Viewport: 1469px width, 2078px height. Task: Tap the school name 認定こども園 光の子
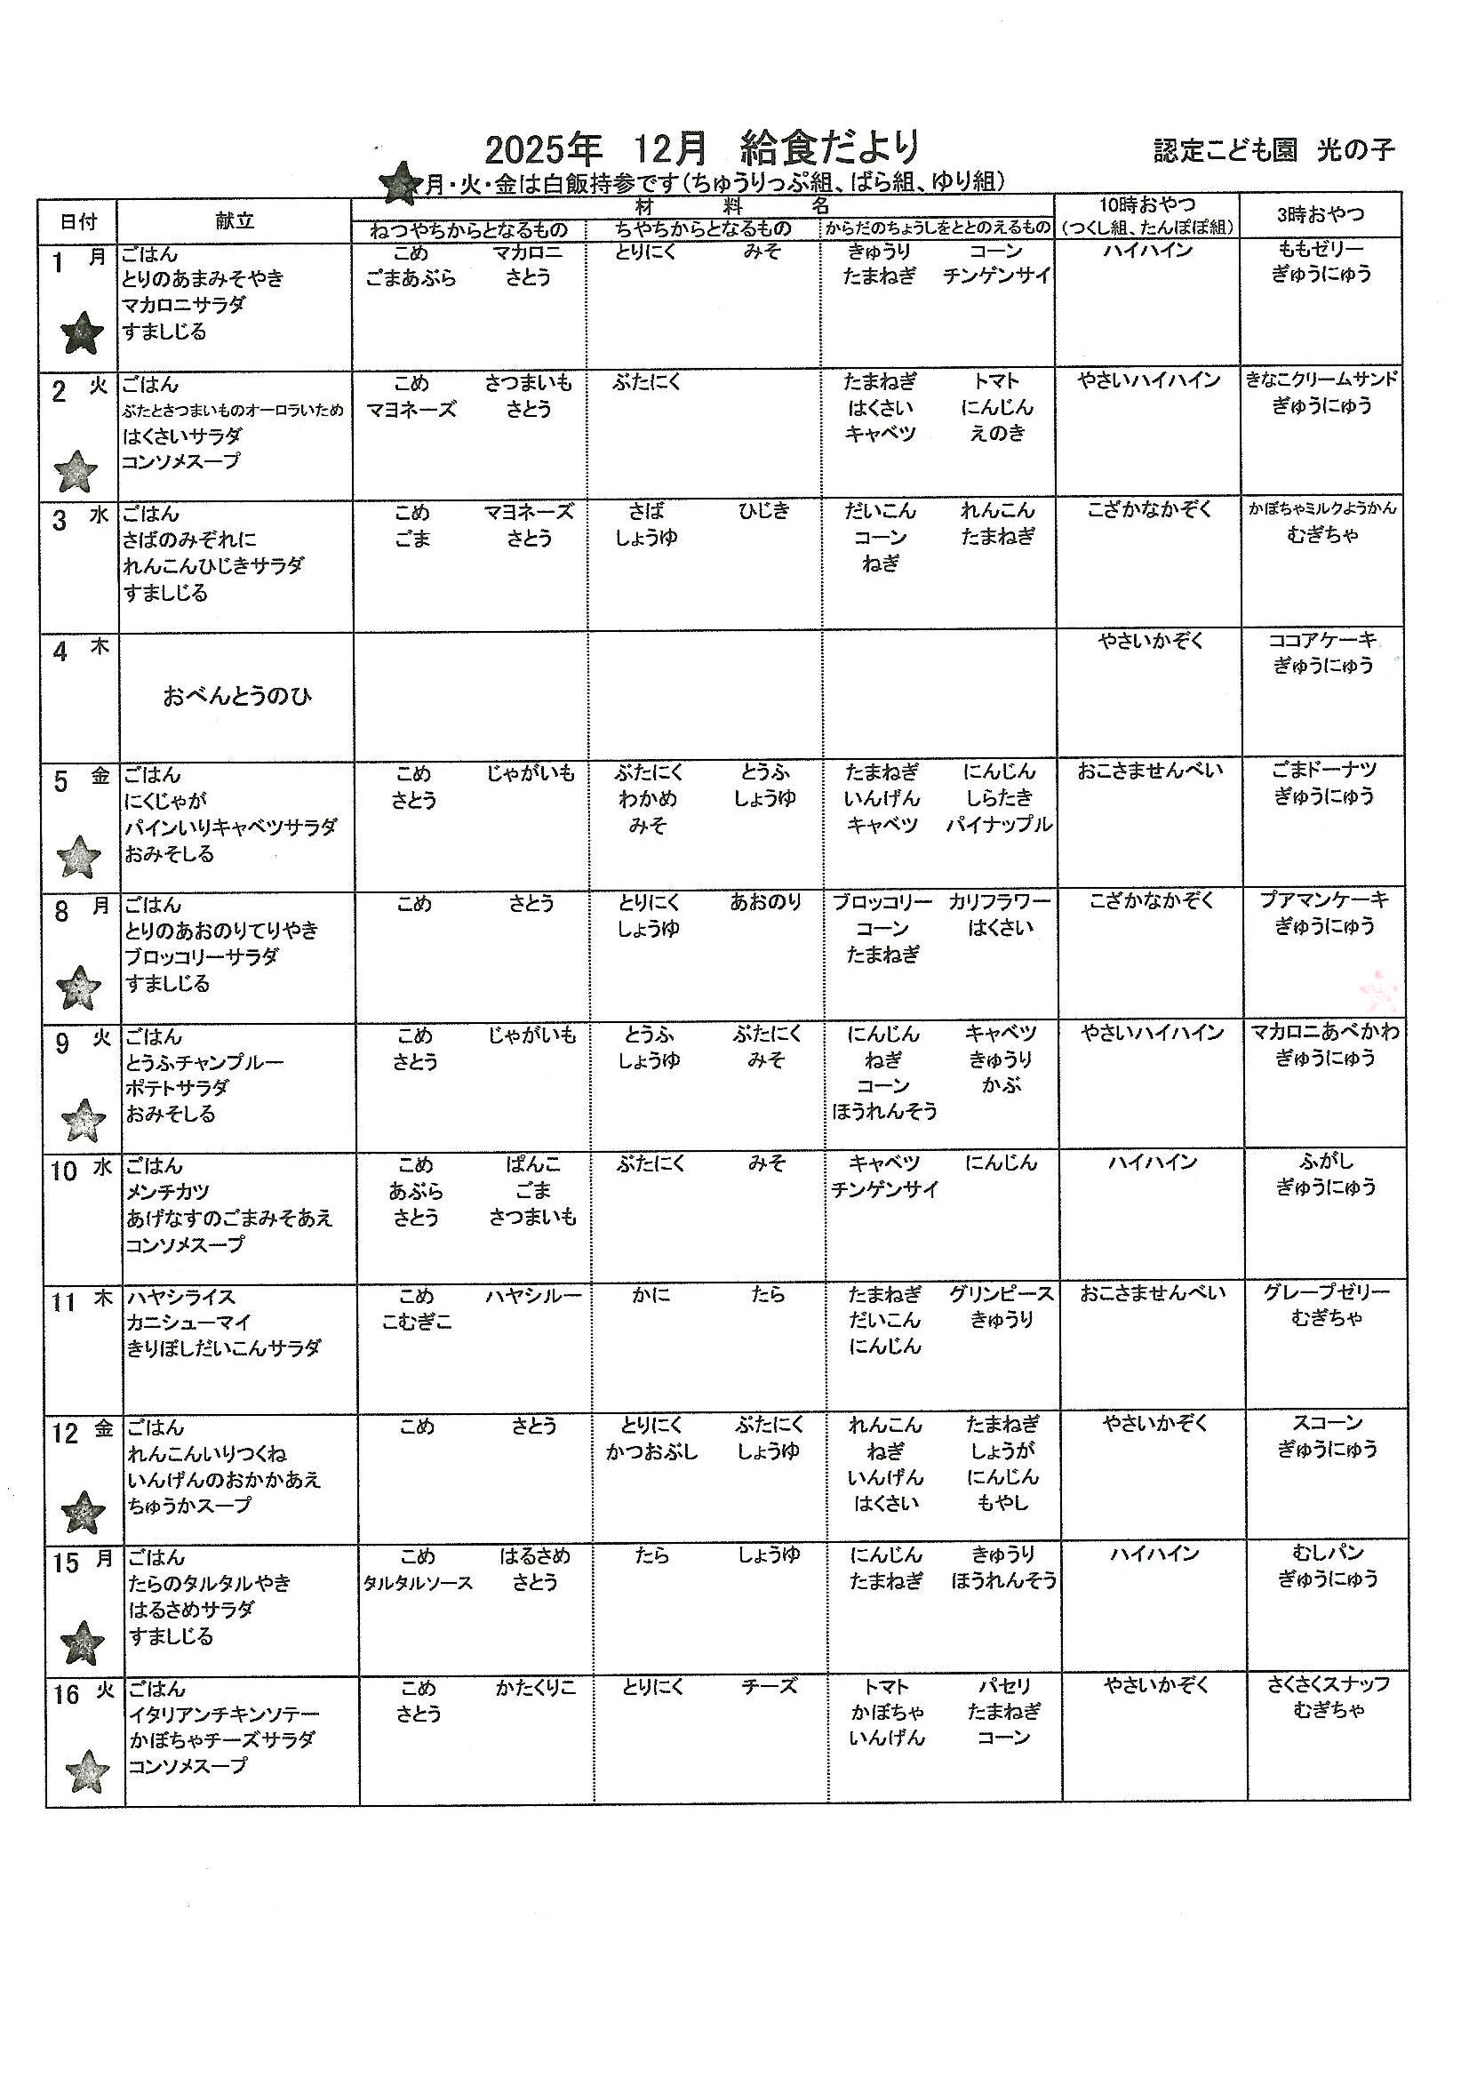click(x=1273, y=150)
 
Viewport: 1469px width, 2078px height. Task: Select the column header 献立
click(x=235, y=220)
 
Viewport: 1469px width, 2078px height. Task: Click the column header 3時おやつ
click(x=1320, y=214)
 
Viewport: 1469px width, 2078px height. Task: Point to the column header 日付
click(x=78, y=220)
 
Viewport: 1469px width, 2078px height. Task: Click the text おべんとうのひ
click(x=237, y=696)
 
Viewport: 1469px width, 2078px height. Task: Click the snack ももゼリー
click(x=1321, y=249)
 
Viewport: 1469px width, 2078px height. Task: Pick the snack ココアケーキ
click(x=1322, y=640)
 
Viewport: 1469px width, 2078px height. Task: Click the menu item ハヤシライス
click(x=181, y=1296)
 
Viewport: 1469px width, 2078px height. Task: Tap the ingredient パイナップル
click(x=999, y=825)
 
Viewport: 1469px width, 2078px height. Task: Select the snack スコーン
click(x=1327, y=1423)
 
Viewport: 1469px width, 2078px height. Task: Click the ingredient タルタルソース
click(x=418, y=1583)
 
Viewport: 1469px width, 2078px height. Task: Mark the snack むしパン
click(x=1327, y=1553)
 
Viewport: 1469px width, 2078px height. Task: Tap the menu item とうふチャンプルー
click(x=205, y=1061)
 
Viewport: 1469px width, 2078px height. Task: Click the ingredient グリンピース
click(x=1001, y=1294)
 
